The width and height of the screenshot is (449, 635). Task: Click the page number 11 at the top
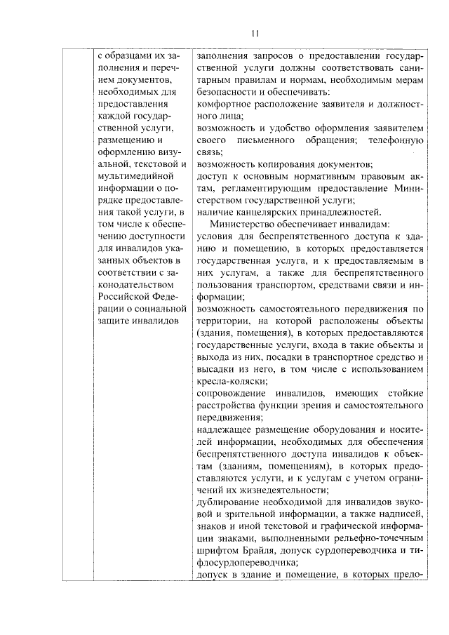pyautogui.click(x=255, y=33)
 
